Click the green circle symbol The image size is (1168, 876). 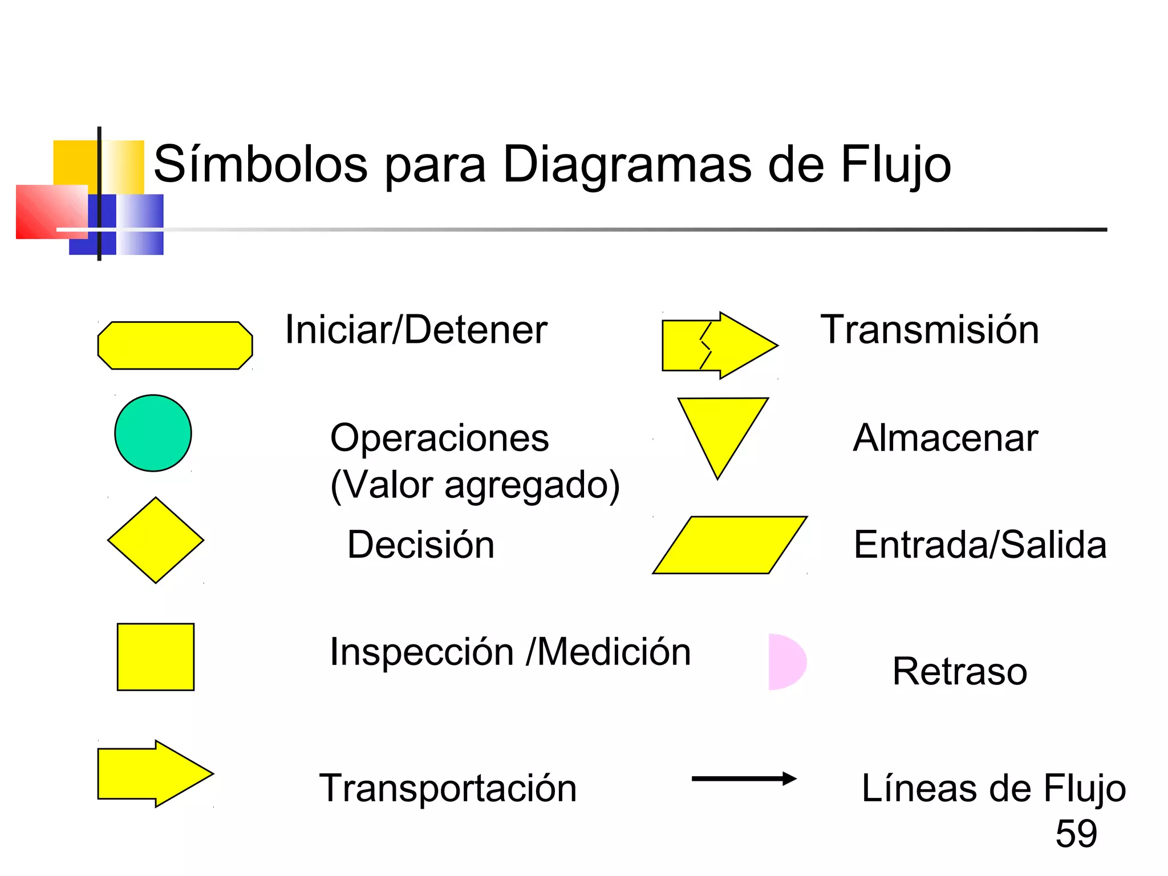(153, 433)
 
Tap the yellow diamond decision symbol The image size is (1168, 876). (156, 540)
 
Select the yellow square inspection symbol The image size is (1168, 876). (156, 657)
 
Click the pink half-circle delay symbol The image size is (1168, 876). (785, 662)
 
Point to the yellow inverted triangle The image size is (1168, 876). (722, 431)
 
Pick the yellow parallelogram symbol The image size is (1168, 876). (730, 545)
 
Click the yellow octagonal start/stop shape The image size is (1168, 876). (175, 346)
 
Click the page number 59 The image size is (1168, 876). (1076, 834)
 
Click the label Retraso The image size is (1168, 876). (960, 671)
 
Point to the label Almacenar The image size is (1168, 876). (946, 438)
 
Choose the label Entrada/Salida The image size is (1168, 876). (980, 545)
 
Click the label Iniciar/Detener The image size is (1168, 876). (416, 330)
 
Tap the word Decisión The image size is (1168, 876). (421, 545)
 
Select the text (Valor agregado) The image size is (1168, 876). (475, 485)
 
